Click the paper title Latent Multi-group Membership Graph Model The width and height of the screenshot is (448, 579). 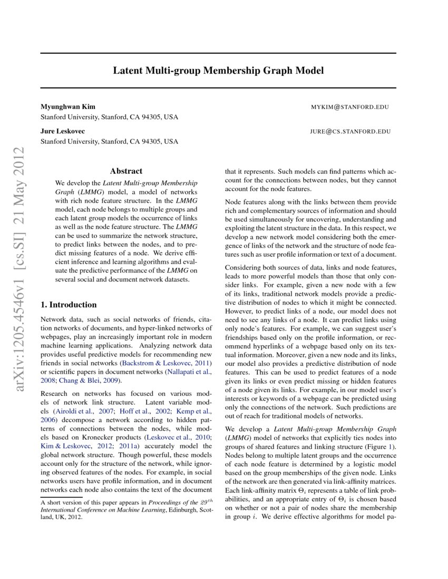pos(218,71)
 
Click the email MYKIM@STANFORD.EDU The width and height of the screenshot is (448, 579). pos(350,107)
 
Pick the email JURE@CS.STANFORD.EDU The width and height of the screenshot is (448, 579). pos(350,132)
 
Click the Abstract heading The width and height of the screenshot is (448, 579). pos(126,171)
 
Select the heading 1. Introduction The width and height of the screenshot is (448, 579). pos(69,305)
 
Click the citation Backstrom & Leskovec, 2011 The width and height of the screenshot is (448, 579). pos(166,363)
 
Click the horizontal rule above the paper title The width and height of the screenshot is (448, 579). pos(218,53)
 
